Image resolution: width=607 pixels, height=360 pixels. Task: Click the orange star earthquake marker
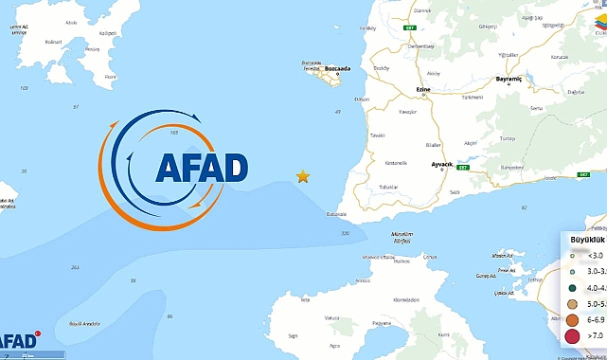coord(303,176)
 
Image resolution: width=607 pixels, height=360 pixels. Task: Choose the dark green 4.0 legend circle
coord(572,287)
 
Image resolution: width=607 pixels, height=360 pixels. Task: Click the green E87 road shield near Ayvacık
coord(462,168)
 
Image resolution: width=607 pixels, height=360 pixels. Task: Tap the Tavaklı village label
coord(378,135)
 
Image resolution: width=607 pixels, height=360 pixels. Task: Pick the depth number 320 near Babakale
coord(345,233)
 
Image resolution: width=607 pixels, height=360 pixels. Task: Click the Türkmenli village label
coord(472,97)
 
